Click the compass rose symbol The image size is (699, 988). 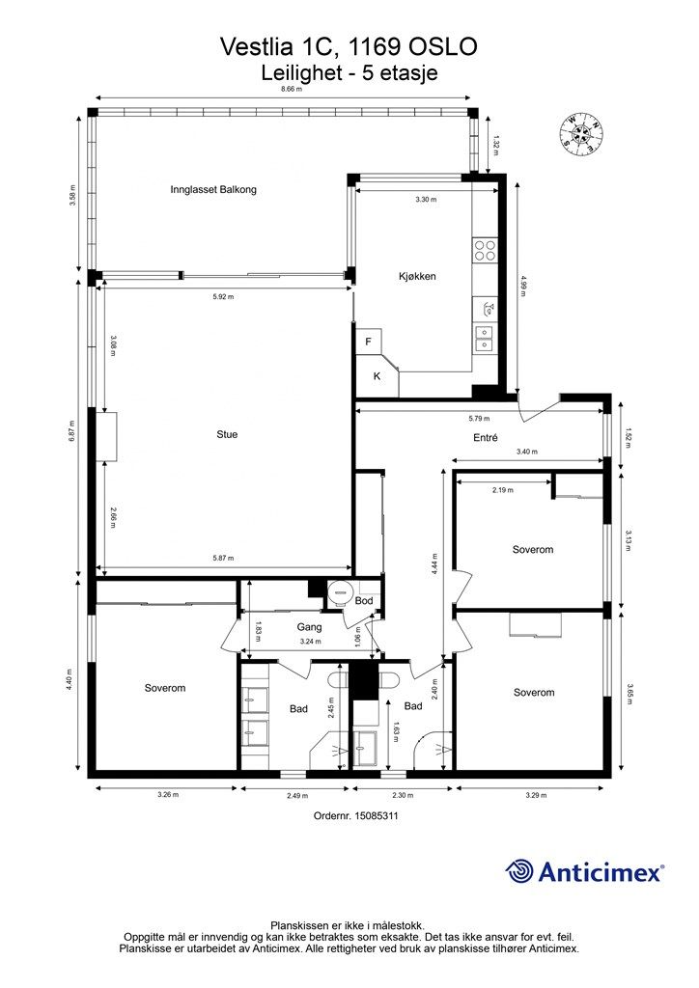[582, 133]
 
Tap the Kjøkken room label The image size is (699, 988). [417, 276]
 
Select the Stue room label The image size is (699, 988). [227, 434]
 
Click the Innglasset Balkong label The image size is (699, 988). [213, 189]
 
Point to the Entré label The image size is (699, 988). [486, 437]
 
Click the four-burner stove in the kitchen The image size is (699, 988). [486, 250]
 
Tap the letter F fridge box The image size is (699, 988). [369, 342]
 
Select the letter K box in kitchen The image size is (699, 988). [377, 376]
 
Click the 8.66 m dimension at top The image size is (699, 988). [292, 90]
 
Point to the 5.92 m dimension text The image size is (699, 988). [223, 297]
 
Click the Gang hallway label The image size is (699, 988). [310, 627]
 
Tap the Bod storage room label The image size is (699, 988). [364, 600]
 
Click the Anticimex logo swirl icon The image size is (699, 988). [518, 871]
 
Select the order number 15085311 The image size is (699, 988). [377, 815]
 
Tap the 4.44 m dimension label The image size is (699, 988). [435, 563]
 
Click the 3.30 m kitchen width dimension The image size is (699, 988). [426, 199]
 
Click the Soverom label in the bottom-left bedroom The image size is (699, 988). [165, 688]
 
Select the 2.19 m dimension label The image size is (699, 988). [503, 489]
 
